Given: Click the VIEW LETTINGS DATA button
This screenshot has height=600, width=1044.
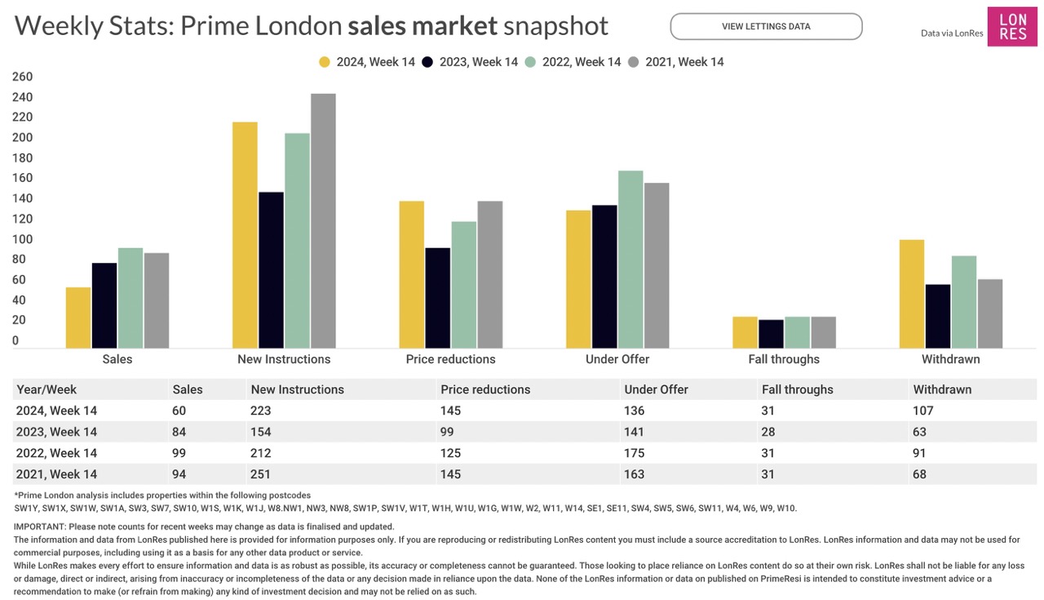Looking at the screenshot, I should click(x=766, y=26).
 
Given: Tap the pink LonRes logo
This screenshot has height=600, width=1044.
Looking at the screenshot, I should click(x=1012, y=27).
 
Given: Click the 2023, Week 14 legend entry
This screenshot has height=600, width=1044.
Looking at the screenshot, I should click(x=471, y=62).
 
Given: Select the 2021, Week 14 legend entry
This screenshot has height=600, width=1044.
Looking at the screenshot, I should click(x=676, y=62).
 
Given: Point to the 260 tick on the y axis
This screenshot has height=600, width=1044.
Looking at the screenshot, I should click(x=22, y=77).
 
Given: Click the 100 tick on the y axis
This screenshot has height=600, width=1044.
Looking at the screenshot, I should click(x=22, y=239).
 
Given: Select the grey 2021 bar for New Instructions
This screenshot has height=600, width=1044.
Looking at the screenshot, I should click(x=323, y=221).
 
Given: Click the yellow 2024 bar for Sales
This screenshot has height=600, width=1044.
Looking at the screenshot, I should click(x=78, y=318).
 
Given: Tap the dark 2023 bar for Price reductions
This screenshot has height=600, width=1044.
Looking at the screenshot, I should click(x=437, y=298).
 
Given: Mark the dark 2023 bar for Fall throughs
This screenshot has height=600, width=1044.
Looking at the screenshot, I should click(x=771, y=334).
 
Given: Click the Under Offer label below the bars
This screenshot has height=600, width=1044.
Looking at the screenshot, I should click(x=617, y=359).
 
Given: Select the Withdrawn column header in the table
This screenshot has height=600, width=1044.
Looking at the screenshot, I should click(x=942, y=389).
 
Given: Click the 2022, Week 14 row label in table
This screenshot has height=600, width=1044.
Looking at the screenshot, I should click(x=56, y=453).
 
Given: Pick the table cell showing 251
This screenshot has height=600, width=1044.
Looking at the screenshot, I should click(x=262, y=474).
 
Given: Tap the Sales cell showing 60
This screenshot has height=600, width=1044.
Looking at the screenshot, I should click(x=180, y=411).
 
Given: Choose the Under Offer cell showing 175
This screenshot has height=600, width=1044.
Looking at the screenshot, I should click(x=635, y=453).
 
